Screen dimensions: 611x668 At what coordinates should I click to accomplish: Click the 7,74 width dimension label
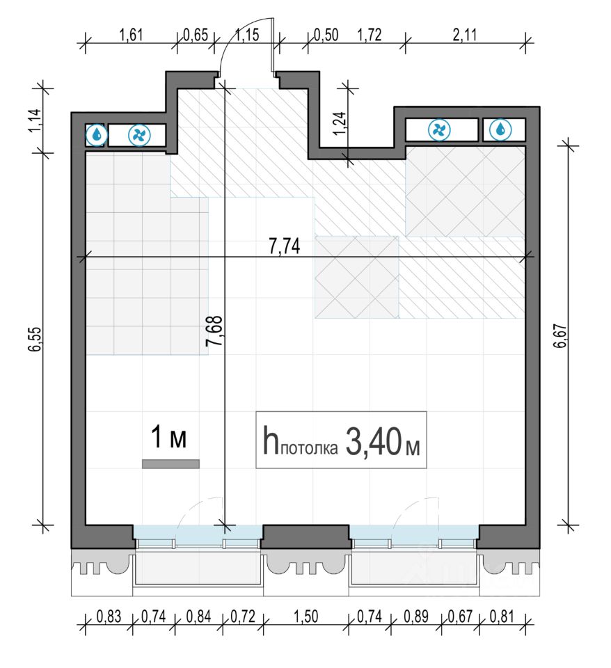click(x=284, y=246)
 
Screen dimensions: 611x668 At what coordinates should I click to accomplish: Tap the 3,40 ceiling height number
click(x=373, y=442)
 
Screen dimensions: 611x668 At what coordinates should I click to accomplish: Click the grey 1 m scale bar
click(x=170, y=464)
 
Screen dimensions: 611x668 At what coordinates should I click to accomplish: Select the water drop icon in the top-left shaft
click(x=97, y=135)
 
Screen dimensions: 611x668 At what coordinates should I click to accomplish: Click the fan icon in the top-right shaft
click(x=439, y=130)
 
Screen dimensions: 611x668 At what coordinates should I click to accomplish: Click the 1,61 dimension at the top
click(x=131, y=35)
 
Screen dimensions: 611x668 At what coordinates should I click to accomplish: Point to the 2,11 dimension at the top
click(x=464, y=35)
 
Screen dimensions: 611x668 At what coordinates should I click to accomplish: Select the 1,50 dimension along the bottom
click(x=306, y=617)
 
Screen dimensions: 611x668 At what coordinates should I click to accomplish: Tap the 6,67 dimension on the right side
click(x=561, y=336)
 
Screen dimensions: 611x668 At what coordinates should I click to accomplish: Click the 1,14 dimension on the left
click(x=35, y=121)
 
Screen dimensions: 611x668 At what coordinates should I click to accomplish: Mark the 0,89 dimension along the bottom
click(x=416, y=617)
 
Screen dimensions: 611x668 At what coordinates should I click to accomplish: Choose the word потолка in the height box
click(x=310, y=448)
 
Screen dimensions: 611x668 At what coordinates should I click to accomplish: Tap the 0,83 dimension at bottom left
click(x=109, y=617)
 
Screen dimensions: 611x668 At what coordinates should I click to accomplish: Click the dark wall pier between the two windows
click(x=305, y=536)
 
